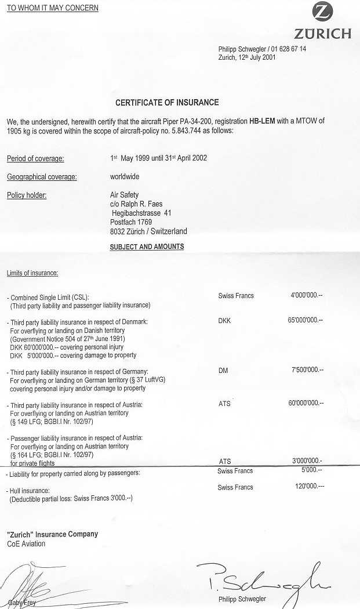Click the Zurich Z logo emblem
pos(322,12)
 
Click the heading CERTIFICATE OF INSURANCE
pos(167,103)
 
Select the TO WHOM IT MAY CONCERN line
pos(53,8)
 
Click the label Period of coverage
pos(35,158)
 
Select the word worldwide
pos(125,176)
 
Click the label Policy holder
pos(27,195)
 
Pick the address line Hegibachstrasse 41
pos(141,213)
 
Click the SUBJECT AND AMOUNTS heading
pos(147,246)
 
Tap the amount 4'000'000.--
pos(307,295)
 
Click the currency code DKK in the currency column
pos(224,320)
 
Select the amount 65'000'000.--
pos(306,320)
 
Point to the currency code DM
pos(223,370)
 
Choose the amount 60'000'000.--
pos(306,403)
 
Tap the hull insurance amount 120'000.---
pos(310,487)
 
